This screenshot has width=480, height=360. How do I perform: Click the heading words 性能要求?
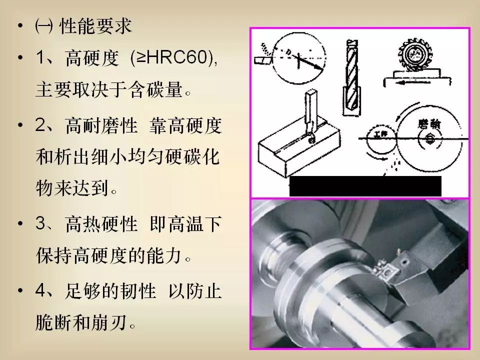[95, 25]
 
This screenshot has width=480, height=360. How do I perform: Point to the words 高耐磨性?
[101, 125]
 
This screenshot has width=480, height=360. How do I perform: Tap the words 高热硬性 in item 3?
[101, 223]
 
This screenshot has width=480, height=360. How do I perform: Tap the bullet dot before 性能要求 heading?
[20, 25]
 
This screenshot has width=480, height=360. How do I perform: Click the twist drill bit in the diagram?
[351, 77]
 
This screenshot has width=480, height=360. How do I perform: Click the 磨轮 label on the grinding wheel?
[429, 124]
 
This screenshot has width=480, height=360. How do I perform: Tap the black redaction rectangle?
[365, 186]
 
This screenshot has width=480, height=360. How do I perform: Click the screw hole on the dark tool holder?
[405, 262]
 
